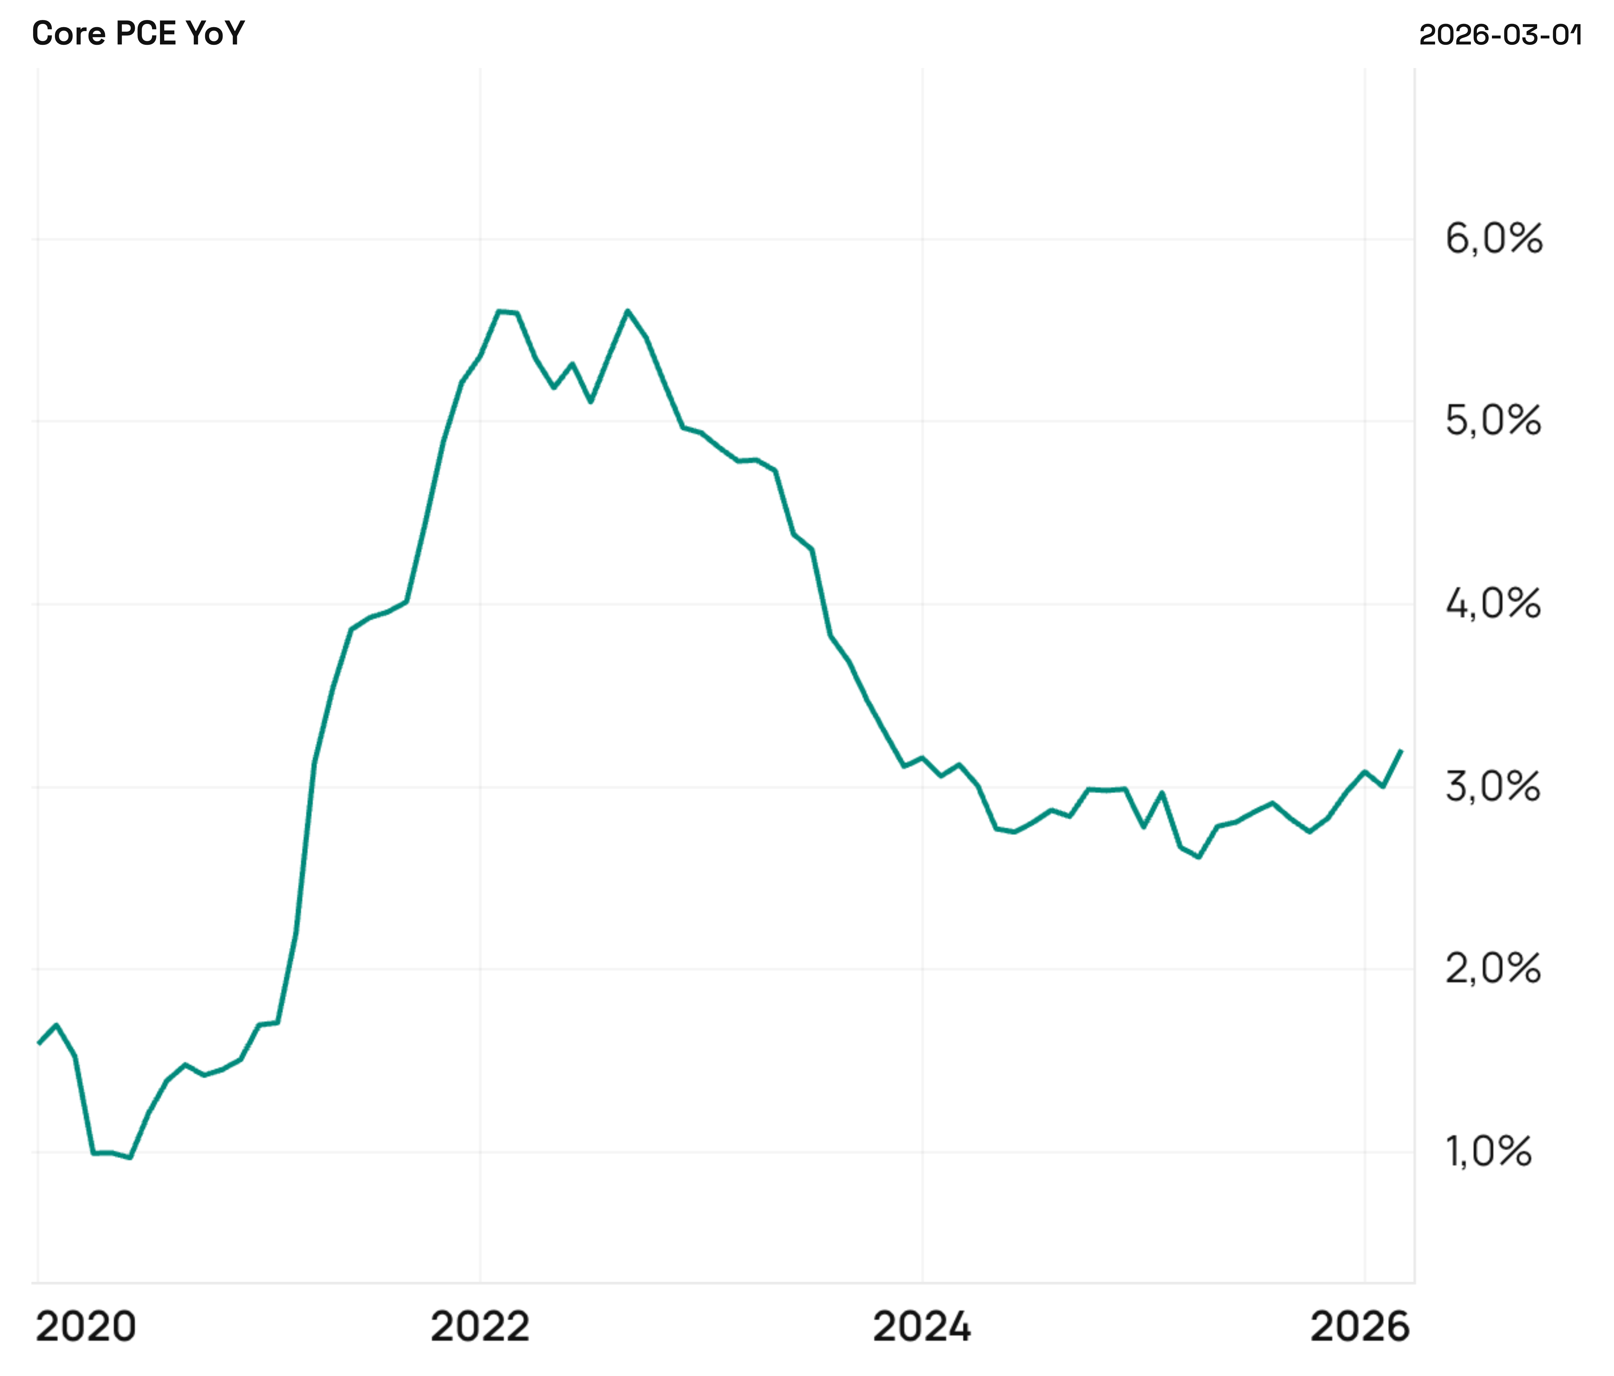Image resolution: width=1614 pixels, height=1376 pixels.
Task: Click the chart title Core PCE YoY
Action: (x=138, y=33)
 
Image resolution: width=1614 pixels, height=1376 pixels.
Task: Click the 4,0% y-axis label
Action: (x=1493, y=604)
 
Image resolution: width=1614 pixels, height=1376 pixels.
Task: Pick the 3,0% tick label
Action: (x=1493, y=786)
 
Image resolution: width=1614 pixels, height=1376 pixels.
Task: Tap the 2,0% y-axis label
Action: (x=1493, y=969)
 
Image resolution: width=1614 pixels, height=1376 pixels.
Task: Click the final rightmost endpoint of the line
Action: (x=1401, y=751)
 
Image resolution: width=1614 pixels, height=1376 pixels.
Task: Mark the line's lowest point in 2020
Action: (x=130, y=1157)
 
